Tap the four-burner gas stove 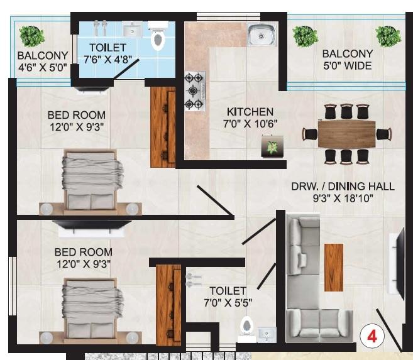coord(194,91)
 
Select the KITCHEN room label coord(250,111)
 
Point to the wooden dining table coord(346,133)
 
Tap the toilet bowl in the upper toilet coord(158,40)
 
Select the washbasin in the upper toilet coord(132,30)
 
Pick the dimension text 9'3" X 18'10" coord(343,199)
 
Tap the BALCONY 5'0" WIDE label coord(347,60)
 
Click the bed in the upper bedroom coord(92,180)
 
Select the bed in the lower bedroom coord(92,310)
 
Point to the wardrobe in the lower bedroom coord(168,305)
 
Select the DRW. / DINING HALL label coord(343,187)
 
